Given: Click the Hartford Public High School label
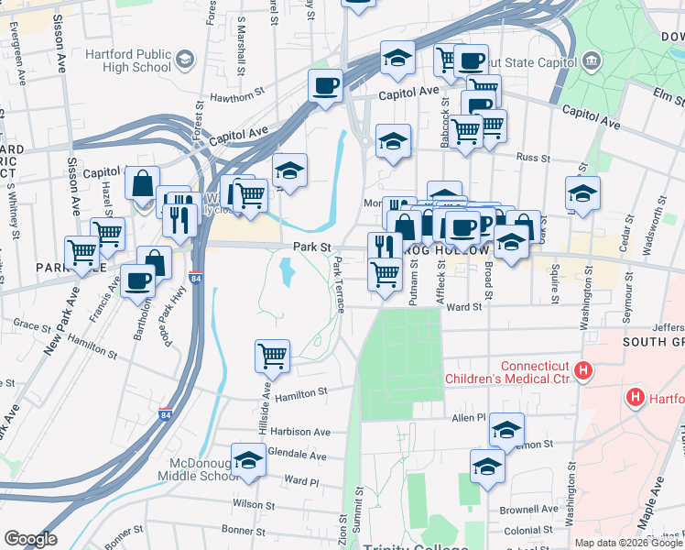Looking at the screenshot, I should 128,60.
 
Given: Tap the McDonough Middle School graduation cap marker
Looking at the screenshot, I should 248,462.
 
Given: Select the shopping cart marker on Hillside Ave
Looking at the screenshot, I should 272,356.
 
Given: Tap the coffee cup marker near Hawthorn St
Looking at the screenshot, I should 326,88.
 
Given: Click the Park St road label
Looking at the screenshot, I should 311,247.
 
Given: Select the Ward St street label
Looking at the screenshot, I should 463,307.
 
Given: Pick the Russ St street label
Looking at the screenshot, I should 533,158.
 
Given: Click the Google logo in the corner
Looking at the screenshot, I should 30,539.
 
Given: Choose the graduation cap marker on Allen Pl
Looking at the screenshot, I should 506,429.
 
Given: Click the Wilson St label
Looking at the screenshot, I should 254,504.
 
